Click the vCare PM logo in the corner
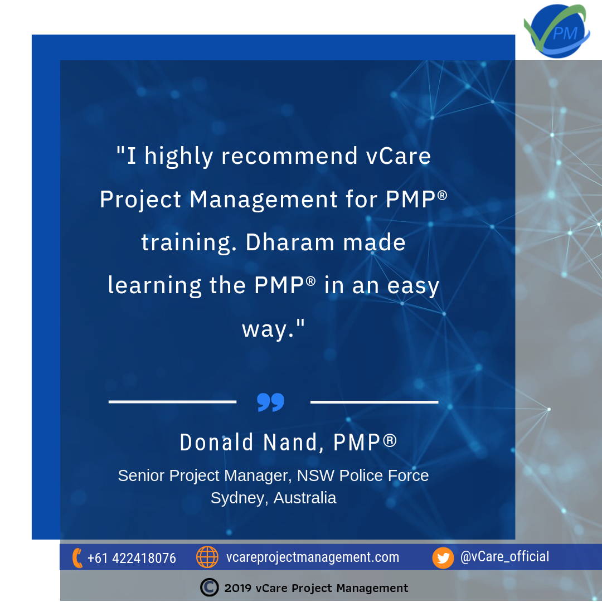[557, 31]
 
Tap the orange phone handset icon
[77, 558]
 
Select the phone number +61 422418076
[132, 558]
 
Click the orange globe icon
[207, 557]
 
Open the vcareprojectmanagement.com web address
[313, 557]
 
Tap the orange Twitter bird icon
[443, 558]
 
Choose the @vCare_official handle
[504, 557]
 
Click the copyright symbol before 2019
[209, 588]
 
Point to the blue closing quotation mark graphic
[271, 402]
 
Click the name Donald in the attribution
[216, 442]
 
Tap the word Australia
[305, 498]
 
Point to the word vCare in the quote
[399, 156]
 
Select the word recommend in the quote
[289, 156]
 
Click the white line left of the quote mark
[172, 401]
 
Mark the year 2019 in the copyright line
[238, 588]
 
